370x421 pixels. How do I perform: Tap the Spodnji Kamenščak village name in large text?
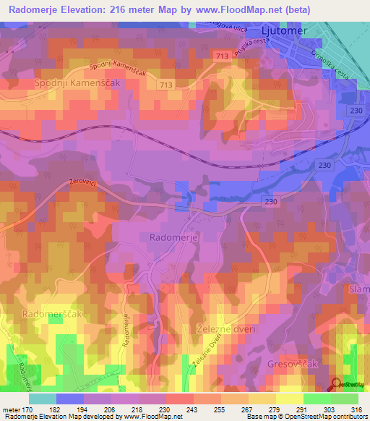point(76,84)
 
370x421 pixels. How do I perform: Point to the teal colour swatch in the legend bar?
point(43,399)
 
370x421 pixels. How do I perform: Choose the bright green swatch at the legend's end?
point(345,399)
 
